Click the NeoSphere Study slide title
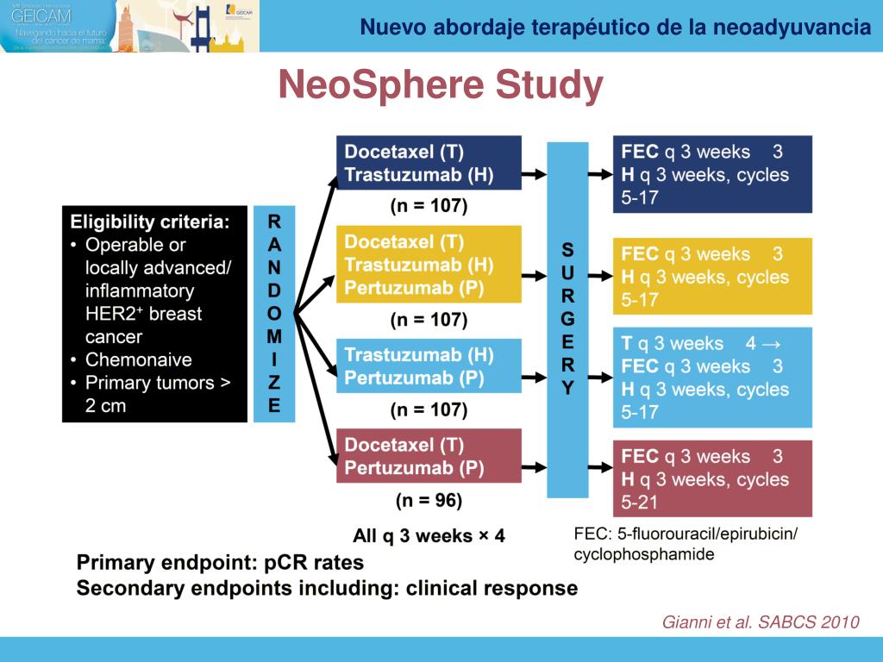[x=441, y=85]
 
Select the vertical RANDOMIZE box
[x=274, y=313]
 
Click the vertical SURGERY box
[x=567, y=318]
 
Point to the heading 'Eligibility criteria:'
[x=150, y=222]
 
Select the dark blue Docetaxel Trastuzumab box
[x=429, y=163]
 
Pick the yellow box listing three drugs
[x=429, y=264]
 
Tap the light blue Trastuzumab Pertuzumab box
[x=429, y=366]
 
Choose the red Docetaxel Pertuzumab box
[x=429, y=456]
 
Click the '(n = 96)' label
[x=429, y=500]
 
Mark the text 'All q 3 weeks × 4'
[x=429, y=536]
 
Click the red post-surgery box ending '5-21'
[x=712, y=478]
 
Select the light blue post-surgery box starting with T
[x=712, y=378]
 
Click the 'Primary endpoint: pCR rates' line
[x=221, y=563]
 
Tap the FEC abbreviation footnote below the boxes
[x=686, y=544]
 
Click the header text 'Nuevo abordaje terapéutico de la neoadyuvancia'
[x=615, y=27]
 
